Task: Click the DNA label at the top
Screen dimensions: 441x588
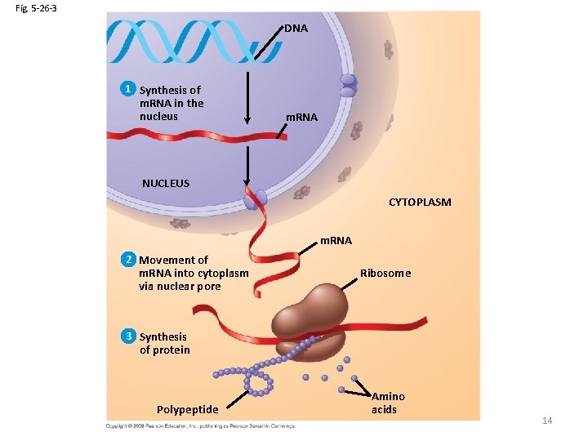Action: click(296, 29)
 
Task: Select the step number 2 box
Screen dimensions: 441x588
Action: click(127, 259)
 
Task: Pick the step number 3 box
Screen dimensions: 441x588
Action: click(127, 336)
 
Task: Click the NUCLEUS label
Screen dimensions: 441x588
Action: click(166, 183)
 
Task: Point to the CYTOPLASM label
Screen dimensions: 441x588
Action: click(419, 202)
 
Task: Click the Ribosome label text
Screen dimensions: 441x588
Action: click(385, 274)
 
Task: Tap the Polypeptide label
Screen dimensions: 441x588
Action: click(187, 409)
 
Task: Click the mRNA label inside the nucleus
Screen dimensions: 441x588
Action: click(301, 118)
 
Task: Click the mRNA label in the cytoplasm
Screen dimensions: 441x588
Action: click(336, 241)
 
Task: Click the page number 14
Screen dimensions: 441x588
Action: click(547, 421)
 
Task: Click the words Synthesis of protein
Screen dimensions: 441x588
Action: click(164, 343)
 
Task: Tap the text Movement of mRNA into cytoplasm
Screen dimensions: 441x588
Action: click(193, 273)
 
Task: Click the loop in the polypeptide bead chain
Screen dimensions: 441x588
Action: click(261, 383)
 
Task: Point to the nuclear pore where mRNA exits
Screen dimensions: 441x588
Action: click(254, 198)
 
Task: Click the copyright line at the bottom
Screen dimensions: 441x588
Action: click(200, 425)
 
